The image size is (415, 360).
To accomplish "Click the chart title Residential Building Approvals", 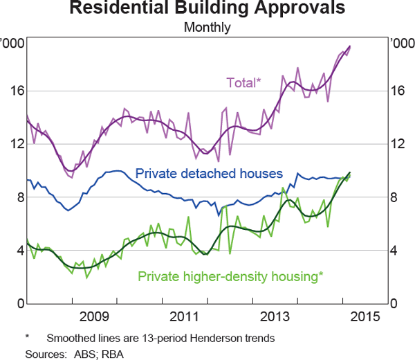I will (207, 9).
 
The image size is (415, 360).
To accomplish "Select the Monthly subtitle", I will (207, 28).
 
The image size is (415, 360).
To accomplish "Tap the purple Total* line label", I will (243, 82).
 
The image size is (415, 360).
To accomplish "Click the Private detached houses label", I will (209, 173).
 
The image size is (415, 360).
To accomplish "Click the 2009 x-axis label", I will (94, 317).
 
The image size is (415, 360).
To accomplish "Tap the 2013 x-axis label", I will (275, 317).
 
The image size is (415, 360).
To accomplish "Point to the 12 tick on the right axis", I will (398, 144).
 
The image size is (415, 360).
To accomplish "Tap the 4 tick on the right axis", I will (395, 251).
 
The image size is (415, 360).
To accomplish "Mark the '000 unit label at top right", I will (400, 43).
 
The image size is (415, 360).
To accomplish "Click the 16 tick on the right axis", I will (398, 91).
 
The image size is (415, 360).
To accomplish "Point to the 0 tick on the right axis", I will (395, 304).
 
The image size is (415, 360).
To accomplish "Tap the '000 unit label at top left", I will (14, 43).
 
